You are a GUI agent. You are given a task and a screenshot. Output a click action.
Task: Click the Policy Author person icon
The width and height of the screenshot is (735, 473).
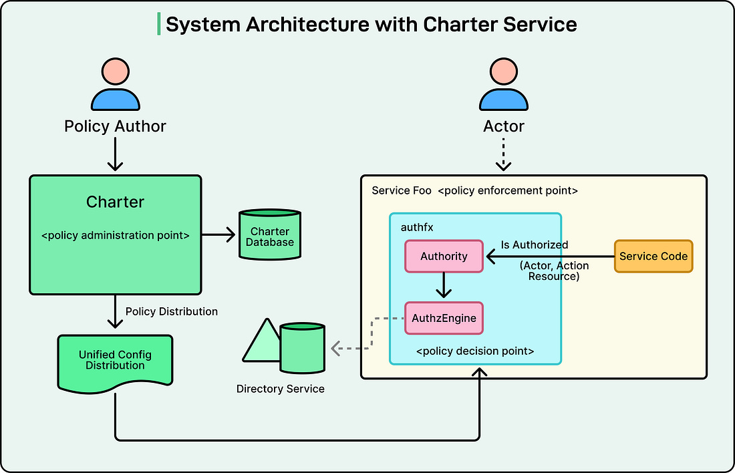coord(115,85)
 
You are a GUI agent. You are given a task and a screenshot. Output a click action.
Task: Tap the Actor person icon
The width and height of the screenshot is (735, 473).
coord(503,85)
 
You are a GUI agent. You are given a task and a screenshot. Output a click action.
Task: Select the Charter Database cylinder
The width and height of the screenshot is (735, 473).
coord(270,235)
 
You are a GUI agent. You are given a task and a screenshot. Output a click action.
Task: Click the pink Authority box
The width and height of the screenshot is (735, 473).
coord(444,257)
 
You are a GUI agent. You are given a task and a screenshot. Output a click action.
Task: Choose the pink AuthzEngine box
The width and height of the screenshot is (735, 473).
coord(444,318)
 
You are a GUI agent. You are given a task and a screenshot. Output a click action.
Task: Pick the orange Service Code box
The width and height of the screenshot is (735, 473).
coord(653,257)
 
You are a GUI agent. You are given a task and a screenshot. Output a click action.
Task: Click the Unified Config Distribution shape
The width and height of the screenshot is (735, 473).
coord(115,361)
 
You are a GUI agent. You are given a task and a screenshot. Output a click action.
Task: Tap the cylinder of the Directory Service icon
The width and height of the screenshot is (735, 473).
coord(302,348)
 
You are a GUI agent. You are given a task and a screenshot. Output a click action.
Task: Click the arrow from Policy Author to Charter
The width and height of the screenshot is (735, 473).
coord(115,155)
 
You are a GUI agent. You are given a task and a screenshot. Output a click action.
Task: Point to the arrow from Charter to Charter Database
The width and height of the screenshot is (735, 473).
coord(218,234)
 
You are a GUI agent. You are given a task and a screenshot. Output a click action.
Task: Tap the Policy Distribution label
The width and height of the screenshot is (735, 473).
coord(172,311)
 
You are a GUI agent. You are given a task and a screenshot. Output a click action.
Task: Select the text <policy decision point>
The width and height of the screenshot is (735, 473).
coord(475,351)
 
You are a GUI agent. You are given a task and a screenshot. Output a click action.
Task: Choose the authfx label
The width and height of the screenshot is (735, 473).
coord(417,227)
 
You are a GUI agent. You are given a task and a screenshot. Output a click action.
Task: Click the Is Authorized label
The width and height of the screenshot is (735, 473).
coord(535,245)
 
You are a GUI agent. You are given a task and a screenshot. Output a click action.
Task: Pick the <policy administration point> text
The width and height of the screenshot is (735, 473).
coord(115,235)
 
